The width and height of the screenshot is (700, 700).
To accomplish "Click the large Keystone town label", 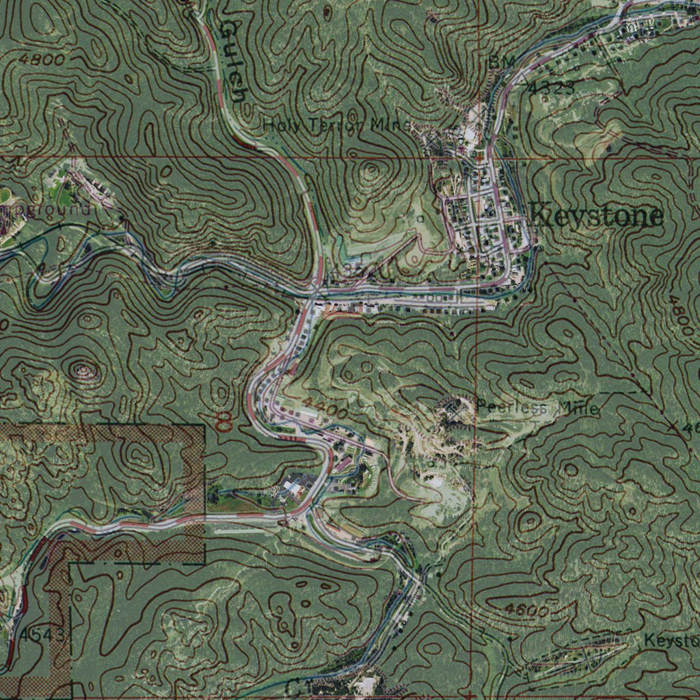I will (597, 216).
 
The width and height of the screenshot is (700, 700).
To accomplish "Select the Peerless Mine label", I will (537, 409).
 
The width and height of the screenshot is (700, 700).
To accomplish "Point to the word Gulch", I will (232, 58).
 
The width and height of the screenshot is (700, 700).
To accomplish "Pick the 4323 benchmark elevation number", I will (552, 87).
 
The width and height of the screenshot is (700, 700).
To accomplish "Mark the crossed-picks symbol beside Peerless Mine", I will (453, 407).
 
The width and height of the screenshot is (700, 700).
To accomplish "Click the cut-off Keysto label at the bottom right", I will (671, 641).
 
